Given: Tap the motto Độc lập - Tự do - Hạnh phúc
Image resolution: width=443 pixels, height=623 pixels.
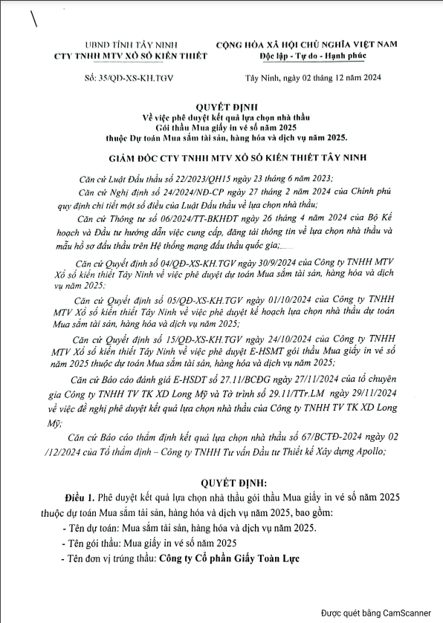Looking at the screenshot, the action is click(x=318, y=57).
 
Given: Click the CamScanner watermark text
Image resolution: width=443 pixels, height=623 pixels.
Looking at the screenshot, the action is click(x=375, y=613).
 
